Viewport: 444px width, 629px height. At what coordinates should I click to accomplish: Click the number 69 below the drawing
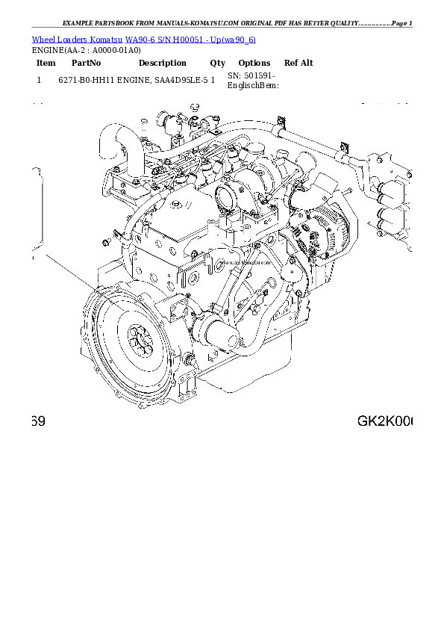point(38,422)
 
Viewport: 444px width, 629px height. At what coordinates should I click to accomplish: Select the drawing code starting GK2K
point(384,422)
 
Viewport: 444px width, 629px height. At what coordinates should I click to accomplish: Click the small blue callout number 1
point(32,258)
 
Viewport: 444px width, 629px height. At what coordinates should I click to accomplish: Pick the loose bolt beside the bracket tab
point(107,241)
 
